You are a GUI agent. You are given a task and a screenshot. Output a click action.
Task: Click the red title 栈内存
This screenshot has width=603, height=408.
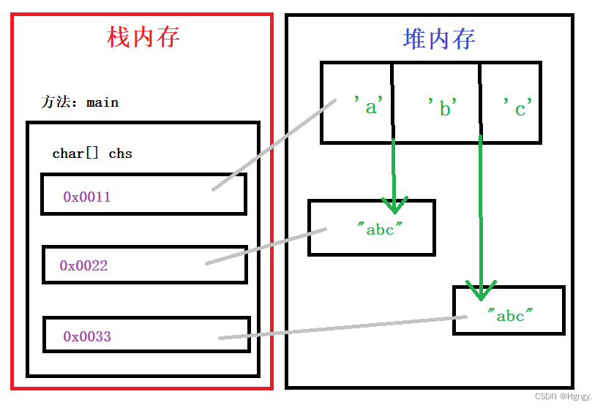pyautogui.click(x=143, y=37)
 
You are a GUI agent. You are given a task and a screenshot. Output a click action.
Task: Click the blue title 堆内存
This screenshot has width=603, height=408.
pyautogui.click(x=439, y=39)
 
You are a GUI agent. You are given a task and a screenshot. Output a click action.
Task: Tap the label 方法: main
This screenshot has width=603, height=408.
pyautogui.click(x=79, y=102)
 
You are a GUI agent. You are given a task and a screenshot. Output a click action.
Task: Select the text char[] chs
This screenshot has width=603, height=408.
pyautogui.click(x=92, y=154)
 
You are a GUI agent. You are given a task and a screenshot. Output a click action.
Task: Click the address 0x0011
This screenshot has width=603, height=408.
pyautogui.click(x=86, y=197)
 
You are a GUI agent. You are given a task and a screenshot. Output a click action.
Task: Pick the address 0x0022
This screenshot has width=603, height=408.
pyautogui.click(x=83, y=265)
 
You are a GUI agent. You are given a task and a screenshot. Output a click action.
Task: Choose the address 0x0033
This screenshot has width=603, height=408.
pyautogui.click(x=86, y=336)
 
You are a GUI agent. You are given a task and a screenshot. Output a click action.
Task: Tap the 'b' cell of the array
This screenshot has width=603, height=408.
pyautogui.click(x=443, y=108)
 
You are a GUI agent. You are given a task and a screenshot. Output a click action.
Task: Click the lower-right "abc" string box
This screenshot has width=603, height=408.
pyautogui.click(x=510, y=315)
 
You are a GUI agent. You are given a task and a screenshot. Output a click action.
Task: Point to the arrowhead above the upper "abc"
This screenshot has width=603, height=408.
pyautogui.click(x=394, y=204)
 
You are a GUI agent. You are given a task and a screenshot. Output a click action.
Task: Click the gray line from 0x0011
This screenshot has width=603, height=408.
pyautogui.click(x=274, y=146)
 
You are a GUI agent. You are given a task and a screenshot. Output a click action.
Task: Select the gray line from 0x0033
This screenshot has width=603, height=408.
pyautogui.click(x=344, y=327)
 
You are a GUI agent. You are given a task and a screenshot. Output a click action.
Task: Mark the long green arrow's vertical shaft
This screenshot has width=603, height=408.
pyautogui.click(x=481, y=212)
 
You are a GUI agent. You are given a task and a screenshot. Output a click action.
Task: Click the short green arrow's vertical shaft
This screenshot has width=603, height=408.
pyautogui.click(x=394, y=168)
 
